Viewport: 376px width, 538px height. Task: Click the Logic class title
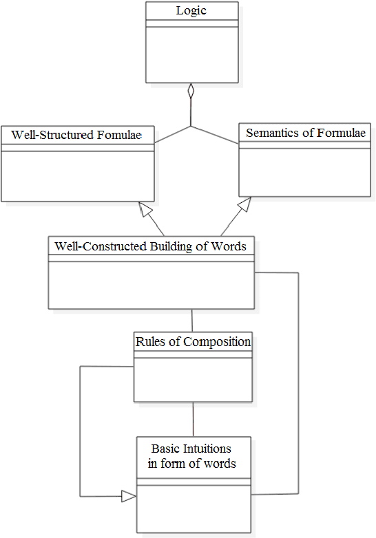191,10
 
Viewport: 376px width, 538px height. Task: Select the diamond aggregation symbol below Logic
191,92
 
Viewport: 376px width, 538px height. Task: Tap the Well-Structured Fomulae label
76,135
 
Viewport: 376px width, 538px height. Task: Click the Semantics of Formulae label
306,133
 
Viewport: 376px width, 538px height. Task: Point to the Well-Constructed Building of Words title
150,246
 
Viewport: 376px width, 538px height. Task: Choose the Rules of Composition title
193,341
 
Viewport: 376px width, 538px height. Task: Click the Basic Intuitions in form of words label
192,456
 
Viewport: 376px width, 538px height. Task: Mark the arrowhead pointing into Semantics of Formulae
244,204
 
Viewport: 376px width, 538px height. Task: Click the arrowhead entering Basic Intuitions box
129,495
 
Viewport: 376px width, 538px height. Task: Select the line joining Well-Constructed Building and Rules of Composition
192,320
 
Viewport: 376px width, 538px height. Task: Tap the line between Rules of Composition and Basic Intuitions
193,419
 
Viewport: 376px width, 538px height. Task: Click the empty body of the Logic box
191,55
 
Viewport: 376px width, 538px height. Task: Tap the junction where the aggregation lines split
191,127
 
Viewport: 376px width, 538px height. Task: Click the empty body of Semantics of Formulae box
306,172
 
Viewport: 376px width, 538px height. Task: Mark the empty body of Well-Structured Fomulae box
76,175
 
